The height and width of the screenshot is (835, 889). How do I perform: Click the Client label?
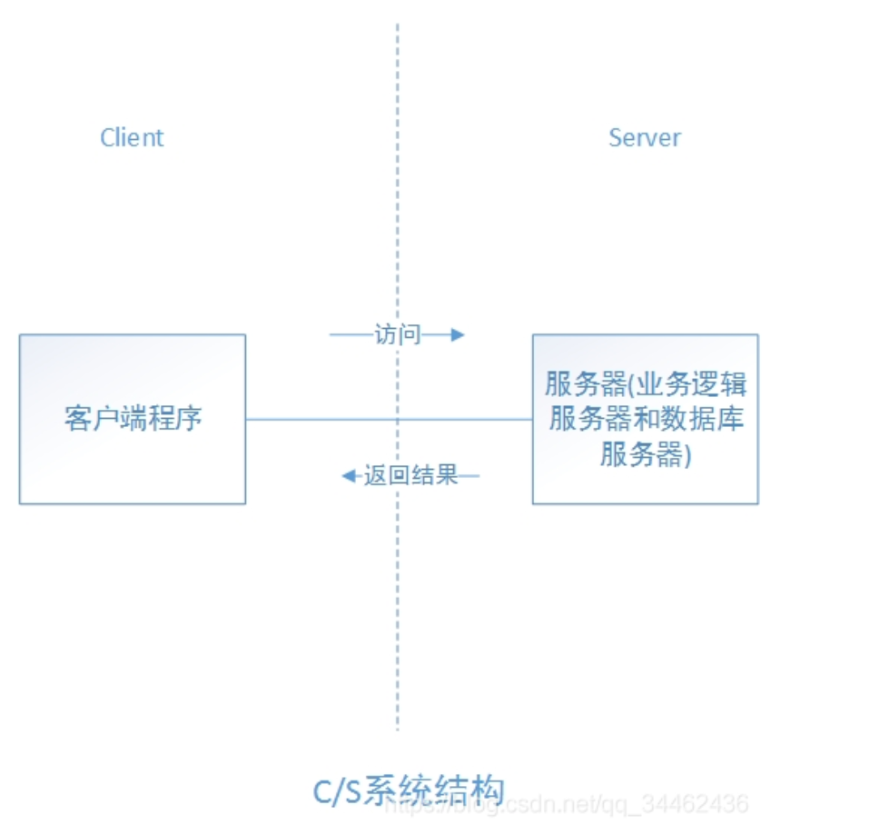pos(132,138)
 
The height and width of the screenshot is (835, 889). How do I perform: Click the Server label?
pos(644,138)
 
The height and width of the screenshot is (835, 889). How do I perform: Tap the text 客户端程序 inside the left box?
pos(133,419)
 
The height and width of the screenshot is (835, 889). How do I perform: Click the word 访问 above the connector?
pos(398,334)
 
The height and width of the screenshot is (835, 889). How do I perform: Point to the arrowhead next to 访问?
pos(458,334)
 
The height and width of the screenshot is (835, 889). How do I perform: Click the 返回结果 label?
pos(410,475)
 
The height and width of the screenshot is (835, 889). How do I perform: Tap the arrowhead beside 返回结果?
pos(347,475)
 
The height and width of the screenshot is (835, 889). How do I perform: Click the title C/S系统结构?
pos(409,790)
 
